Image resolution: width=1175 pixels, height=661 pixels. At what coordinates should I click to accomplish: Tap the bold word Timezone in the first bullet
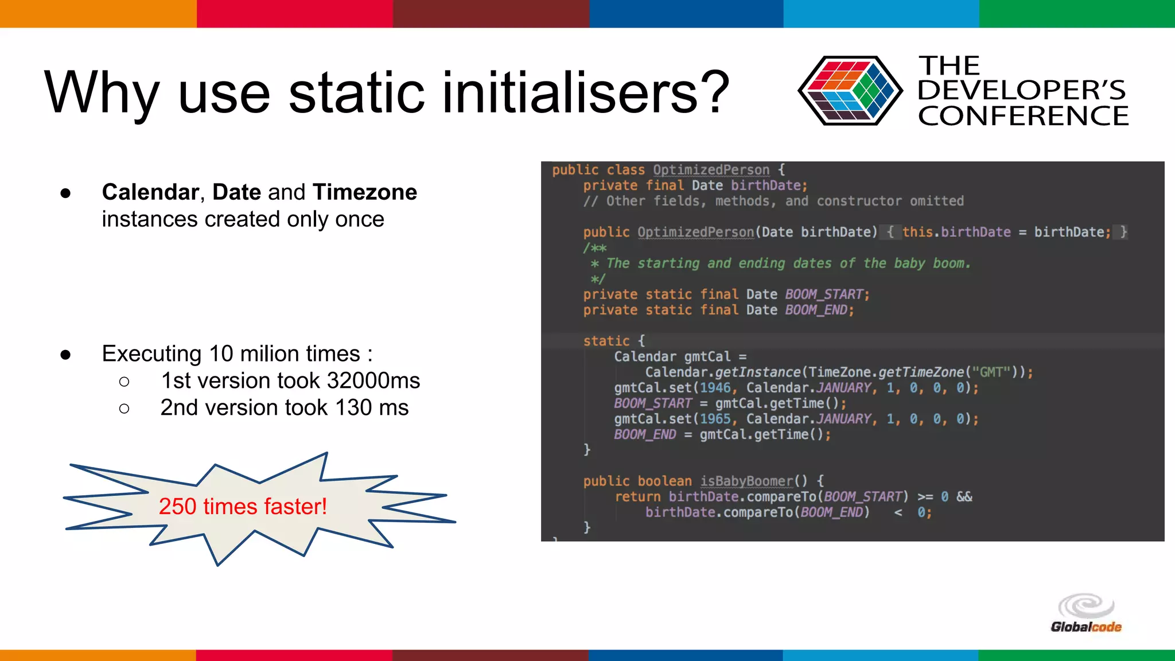365,192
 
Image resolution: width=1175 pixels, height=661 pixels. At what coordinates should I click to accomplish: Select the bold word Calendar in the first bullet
150,192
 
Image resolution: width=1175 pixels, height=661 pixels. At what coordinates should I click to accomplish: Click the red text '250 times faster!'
243,506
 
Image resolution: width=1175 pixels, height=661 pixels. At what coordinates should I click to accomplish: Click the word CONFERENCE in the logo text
1023,116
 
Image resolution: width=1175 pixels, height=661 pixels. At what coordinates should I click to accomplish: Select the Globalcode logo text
1085,627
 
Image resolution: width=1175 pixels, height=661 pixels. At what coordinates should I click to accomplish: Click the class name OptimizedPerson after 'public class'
711,170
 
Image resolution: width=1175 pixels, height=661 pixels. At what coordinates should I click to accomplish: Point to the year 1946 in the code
715,388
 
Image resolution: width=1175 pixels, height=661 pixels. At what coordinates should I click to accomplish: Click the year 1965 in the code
715,419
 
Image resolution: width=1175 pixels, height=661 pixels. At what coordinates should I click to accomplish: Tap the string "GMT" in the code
991,372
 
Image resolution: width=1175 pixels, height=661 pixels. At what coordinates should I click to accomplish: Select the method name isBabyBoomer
746,481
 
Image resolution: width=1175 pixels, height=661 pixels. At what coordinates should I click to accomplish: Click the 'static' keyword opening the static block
606,341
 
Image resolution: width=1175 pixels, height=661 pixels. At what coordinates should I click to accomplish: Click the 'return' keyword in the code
637,496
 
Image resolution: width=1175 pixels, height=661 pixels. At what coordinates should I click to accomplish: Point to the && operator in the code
964,496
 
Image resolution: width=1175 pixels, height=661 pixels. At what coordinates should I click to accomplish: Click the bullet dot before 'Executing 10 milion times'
65,355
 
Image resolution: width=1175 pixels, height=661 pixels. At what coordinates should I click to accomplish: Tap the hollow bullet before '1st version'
124,382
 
